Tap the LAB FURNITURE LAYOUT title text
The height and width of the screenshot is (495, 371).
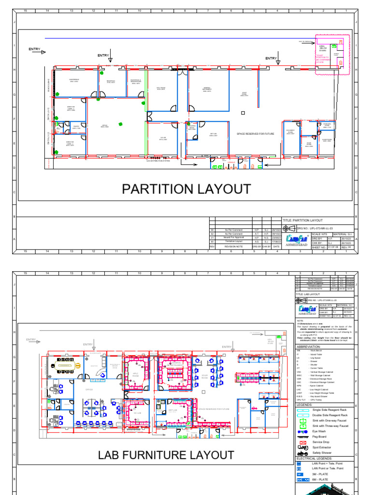point(166,455)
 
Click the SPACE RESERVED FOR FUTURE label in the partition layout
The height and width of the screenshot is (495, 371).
point(255,133)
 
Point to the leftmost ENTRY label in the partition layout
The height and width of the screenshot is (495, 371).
point(34,49)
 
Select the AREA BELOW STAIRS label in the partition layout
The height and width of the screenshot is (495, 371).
point(322,48)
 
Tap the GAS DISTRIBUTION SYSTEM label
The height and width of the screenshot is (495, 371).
point(157,161)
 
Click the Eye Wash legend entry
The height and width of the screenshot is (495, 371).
point(318,431)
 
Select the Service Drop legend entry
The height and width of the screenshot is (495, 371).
point(321,442)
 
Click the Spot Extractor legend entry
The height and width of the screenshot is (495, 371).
point(322,448)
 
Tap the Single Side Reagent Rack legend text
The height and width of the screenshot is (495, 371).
point(329,409)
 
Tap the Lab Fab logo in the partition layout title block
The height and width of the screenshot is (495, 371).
point(296,239)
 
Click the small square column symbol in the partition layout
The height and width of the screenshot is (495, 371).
point(243,114)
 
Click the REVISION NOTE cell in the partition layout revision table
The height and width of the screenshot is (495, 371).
point(229,246)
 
